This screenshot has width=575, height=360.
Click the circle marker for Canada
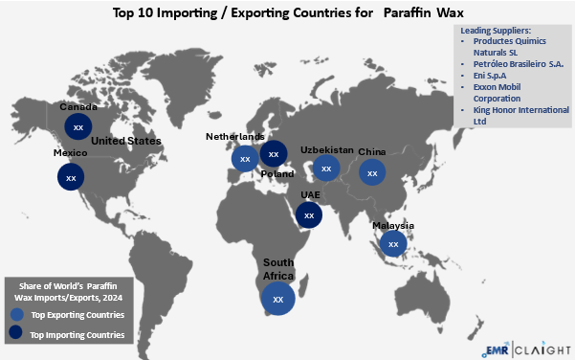[79, 125]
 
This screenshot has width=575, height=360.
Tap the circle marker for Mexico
[70, 177]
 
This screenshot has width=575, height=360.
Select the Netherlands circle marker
[245, 158]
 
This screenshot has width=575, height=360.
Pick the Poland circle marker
[275, 153]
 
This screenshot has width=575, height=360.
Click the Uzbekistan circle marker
[327, 169]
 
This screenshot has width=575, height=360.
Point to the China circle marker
[372, 172]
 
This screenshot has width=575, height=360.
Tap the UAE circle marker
[308, 214]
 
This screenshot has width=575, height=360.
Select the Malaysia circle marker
[392, 244]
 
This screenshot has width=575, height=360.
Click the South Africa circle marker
[278, 298]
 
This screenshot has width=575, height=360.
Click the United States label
[125, 141]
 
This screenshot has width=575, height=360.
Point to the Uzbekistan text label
[327, 150]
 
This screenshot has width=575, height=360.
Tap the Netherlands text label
[235, 137]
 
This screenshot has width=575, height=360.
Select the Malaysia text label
[393, 226]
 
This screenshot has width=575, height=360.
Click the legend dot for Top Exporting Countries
[16, 314]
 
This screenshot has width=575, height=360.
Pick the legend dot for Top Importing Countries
[16, 334]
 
